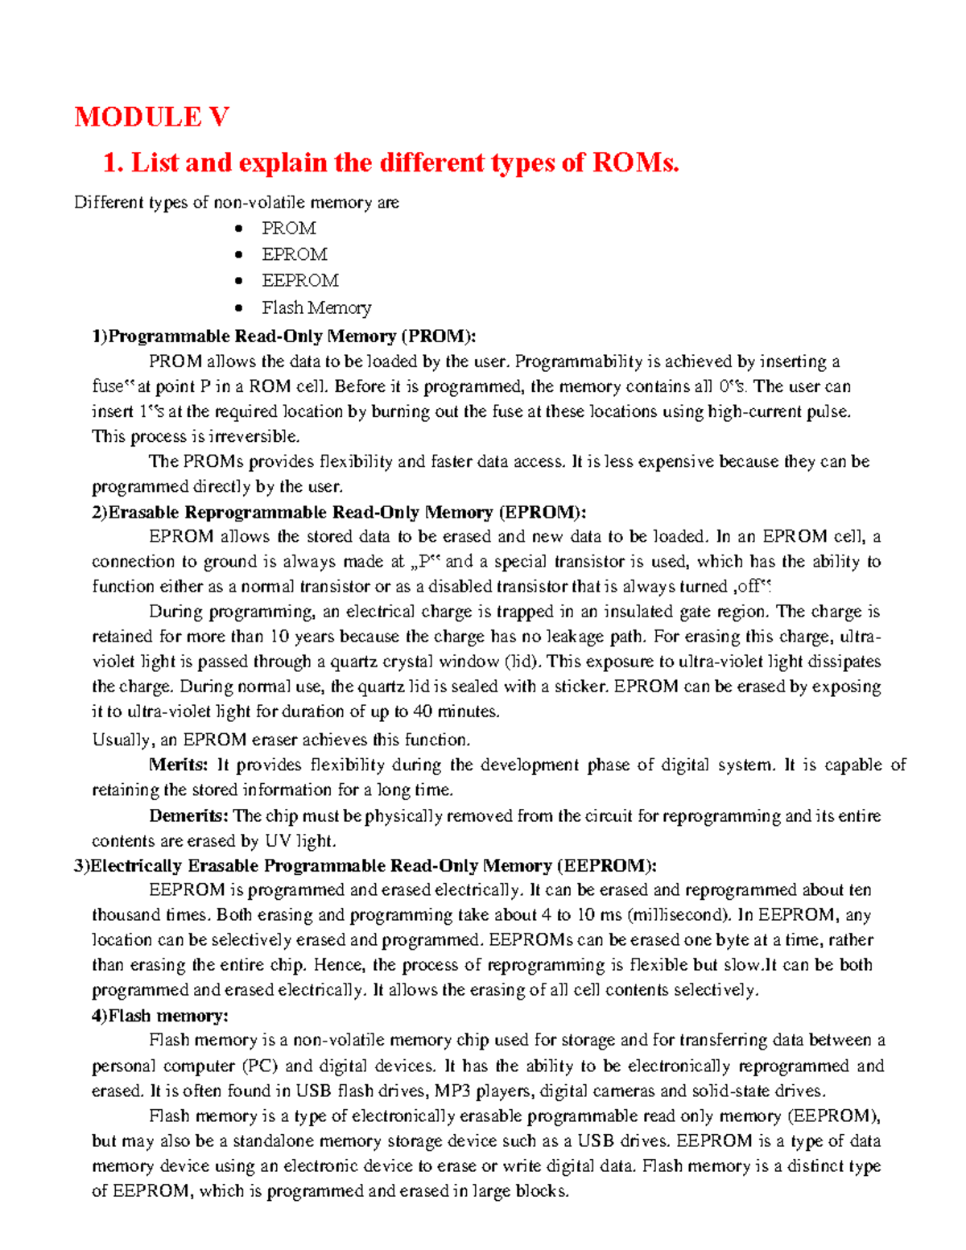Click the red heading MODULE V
click(x=152, y=118)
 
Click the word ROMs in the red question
click(x=636, y=163)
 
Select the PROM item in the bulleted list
click(x=288, y=229)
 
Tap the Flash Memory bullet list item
click(x=316, y=307)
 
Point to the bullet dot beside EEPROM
click(x=238, y=281)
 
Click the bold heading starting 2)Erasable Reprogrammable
click(x=339, y=512)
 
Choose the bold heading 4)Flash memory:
click(x=160, y=1016)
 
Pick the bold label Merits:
click(x=179, y=765)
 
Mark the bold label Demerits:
click(x=189, y=815)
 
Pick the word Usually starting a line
click(x=122, y=740)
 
